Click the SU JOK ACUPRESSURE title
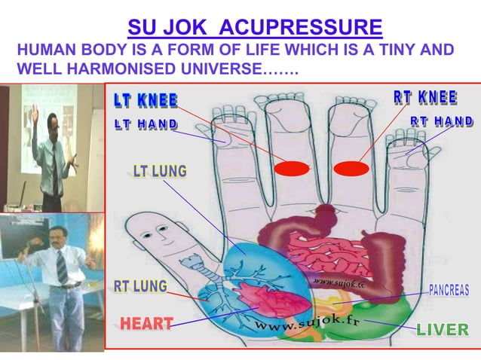tap(255, 29)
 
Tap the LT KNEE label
tap(146, 100)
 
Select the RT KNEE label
tap(425, 98)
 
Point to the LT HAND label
tap(146, 124)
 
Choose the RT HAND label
tap(442, 121)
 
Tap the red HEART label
tap(146, 324)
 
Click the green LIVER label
tap(442, 330)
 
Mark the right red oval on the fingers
tap(351, 168)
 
